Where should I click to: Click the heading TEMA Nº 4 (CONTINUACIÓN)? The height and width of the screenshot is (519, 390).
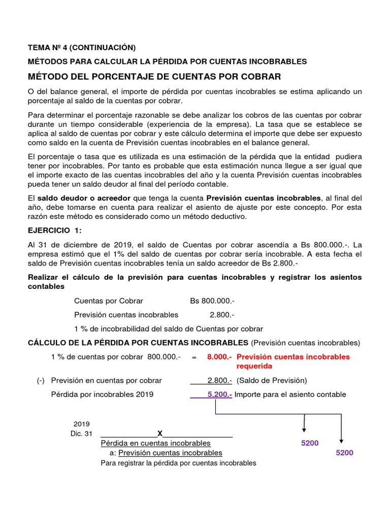(82, 48)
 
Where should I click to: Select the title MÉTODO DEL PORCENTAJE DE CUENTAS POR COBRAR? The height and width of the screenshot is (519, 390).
(154, 77)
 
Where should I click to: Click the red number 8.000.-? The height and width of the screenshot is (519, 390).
(219, 357)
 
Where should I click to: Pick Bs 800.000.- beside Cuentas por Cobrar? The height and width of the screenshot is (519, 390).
(212, 301)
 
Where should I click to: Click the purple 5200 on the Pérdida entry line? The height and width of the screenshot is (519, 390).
(310, 443)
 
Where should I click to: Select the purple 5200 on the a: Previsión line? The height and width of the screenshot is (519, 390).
(344, 453)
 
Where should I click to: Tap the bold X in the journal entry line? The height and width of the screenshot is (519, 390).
(160, 433)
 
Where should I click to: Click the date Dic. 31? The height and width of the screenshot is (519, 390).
(82, 434)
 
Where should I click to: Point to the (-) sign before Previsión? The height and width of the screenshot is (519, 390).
(41, 381)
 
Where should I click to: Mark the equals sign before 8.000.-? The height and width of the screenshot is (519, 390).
(194, 357)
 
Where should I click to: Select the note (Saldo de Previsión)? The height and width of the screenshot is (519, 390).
(272, 381)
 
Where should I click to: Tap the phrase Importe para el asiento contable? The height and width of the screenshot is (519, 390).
(290, 394)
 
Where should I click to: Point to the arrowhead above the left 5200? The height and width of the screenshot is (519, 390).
(304, 429)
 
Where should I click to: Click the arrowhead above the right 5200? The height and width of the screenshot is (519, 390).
(342, 439)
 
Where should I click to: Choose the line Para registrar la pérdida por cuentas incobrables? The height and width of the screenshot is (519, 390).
(178, 463)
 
